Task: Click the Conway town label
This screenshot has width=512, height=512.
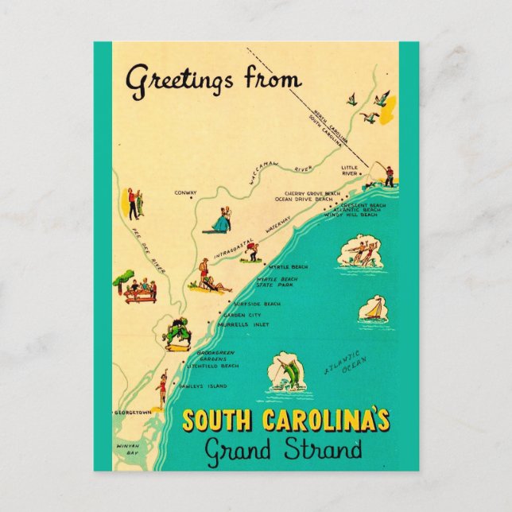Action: point(185,192)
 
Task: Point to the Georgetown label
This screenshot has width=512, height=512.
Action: point(133,413)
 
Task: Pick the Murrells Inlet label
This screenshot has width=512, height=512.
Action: point(247,324)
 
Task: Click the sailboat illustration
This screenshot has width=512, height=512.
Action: point(373,308)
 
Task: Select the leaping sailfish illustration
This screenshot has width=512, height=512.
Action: point(286,373)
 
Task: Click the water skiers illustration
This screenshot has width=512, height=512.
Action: point(360,251)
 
